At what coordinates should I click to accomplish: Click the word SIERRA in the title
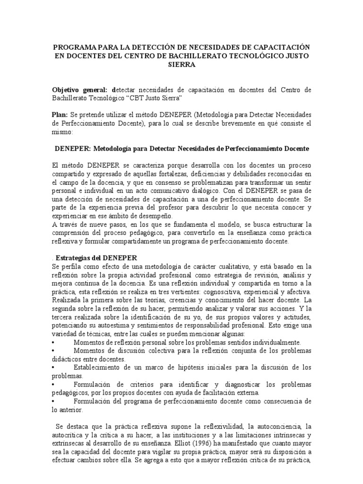tap(181, 65)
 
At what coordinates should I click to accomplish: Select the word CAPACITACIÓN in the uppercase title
tap(279, 48)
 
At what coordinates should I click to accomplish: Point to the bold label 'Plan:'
tap(60, 115)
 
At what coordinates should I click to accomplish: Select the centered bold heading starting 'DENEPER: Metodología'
tap(181, 148)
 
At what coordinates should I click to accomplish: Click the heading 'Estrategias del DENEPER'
tap(96, 258)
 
